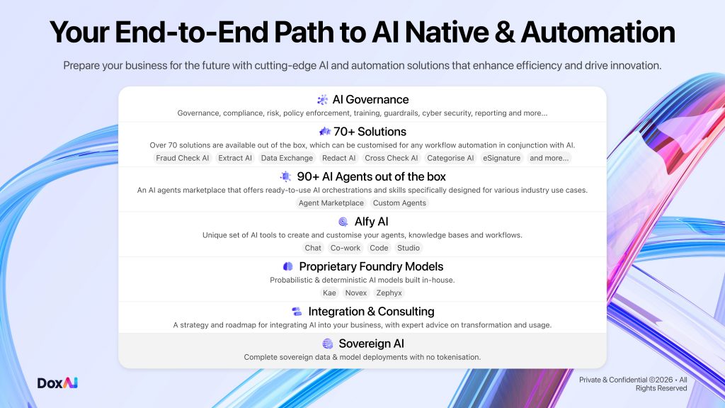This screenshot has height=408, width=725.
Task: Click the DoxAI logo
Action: coord(57,383)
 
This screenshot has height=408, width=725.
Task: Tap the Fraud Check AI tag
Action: coord(182,158)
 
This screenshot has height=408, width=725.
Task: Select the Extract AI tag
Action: coord(235,158)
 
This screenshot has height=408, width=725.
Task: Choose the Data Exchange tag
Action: coord(287,158)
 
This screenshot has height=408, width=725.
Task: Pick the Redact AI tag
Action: coord(339,158)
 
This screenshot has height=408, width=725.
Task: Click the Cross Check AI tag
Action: coord(391,158)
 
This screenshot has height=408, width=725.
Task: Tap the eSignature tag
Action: coord(502,158)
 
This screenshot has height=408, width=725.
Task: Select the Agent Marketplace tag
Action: coord(331,203)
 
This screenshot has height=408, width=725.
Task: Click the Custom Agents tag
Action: coord(399,203)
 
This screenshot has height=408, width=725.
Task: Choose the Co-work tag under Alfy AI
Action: coord(346,248)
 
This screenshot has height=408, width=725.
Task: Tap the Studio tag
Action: coord(409,248)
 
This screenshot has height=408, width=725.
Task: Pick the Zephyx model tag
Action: coord(389,293)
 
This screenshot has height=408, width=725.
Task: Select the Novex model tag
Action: coord(356,293)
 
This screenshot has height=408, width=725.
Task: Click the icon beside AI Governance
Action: coord(322,99)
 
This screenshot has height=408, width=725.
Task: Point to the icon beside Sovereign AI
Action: coord(328,344)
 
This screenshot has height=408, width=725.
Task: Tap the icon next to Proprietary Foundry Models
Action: coord(288,266)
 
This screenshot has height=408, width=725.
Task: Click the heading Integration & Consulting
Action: coord(371,312)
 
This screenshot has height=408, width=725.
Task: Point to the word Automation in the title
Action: coord(598,33)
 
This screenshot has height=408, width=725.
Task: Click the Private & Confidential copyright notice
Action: coord(633,384)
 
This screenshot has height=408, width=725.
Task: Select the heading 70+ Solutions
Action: coord(370,132)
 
